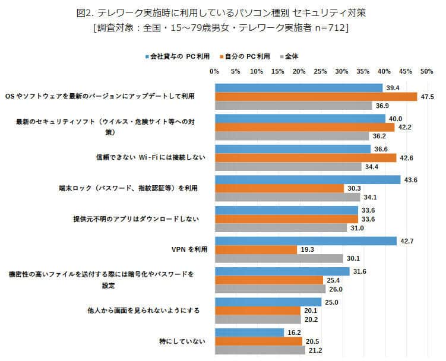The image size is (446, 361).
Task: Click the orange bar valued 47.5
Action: pyautogui.click(x=315, y=97)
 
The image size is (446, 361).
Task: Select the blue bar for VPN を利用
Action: pyautogui.click(x=305, y=240)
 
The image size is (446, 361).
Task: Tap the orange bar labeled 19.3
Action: pyautogui.click(x=255, y=250)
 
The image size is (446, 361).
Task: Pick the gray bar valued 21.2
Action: pyautogui.click(x=260, y=350)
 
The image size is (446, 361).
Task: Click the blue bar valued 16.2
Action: pyautogui.click(x=249, y=332)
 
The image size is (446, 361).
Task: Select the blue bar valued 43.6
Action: pyautogui.click(x=307, y=179)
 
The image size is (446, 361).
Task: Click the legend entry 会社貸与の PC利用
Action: pyautogui.click(x=178, y=56)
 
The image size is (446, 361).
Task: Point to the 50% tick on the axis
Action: pyautogui.click(x=426, y=71)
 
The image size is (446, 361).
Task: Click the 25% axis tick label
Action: pyautogui.click(x=320, y=71)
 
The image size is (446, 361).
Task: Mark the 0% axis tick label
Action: pyautogui.click(x=214, y=71)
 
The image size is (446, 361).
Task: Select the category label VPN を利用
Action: pyautogui.click(x=189, y=249)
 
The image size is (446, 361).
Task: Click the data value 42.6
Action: pyautogui.click(x=406, y=158)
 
